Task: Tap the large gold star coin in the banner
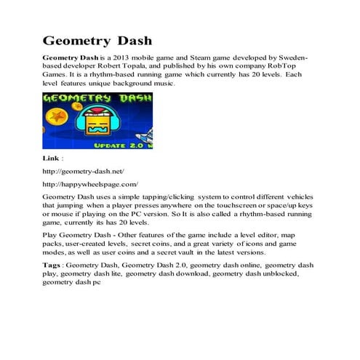(57, 116)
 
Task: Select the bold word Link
(52, 157)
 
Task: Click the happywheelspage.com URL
(91, 185)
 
